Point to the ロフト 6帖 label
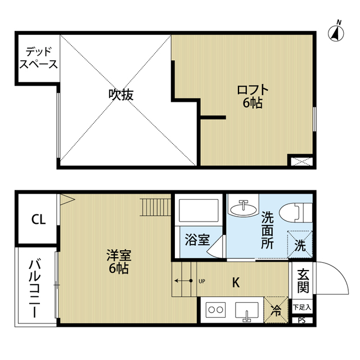253,96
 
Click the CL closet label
38,218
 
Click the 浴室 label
197,239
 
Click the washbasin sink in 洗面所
244,207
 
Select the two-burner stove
215,309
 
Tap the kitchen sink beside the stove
246,311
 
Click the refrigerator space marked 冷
276,309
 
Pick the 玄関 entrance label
303,281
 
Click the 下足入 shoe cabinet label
303,308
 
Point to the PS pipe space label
302,321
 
